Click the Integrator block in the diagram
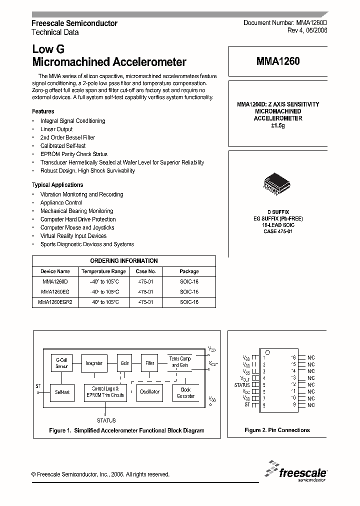[x=94, y=363]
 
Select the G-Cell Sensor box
[x=61, y=363]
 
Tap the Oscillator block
[x=149, y=392]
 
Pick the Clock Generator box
[x=185, y=392]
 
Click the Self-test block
[x=61, y=392]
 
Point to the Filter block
[x=149, y=363]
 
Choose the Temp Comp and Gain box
[x=179, y=362]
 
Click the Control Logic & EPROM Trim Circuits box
[x=105, y=392]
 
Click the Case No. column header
[x=146, y=271]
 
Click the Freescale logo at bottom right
[x=297, y=471]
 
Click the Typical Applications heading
[x=57, y=185]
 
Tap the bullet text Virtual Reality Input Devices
[x=73, y=236]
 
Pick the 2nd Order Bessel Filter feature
[x=67, y=137]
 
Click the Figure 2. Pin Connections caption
[x=277, y=430]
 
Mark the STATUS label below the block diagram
[x=106, y=420]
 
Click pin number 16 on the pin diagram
[x=294, y=357]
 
